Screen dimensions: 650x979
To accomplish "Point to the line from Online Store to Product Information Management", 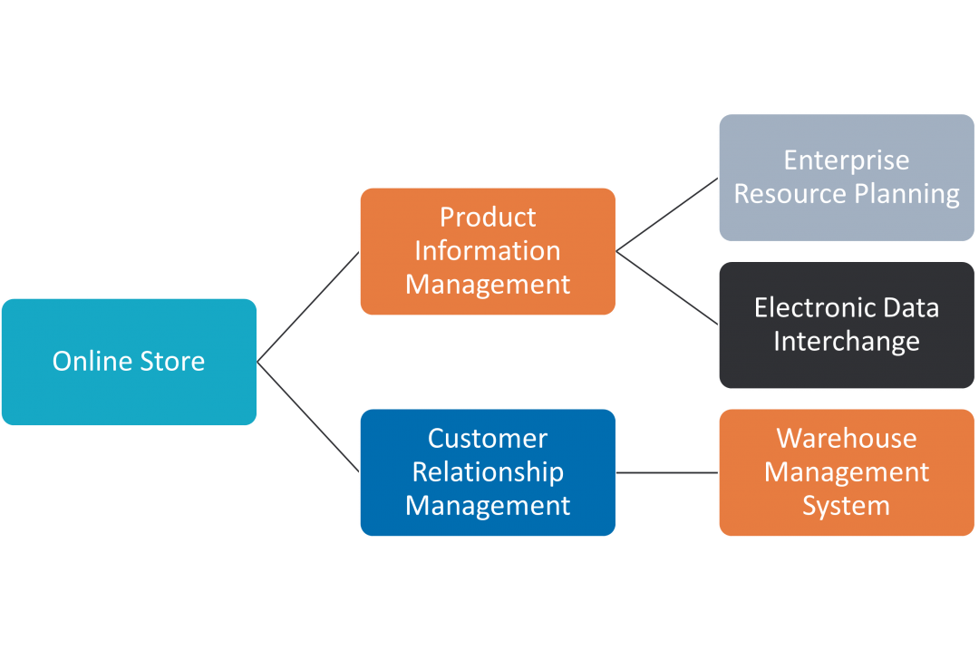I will (x=308, y=306).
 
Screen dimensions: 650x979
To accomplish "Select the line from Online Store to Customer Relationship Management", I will (x=308, y=416).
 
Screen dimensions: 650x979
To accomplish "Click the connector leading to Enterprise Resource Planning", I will (x=667, y=214).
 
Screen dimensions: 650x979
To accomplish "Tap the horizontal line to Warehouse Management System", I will (x=667, y=472).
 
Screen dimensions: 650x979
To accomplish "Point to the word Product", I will (x=488, y=218).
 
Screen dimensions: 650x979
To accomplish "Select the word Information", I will (x=488, y=251).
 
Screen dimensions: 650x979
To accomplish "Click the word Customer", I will (x=488, y=439).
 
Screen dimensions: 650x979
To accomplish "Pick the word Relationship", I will (x=488, y=472).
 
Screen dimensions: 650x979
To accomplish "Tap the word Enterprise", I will (x=846, y=160).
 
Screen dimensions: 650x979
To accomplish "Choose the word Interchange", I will (x=846, y=342).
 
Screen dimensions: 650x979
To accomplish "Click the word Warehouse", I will (x=846, y=439).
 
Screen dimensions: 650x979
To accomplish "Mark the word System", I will (x=846, y=506).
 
